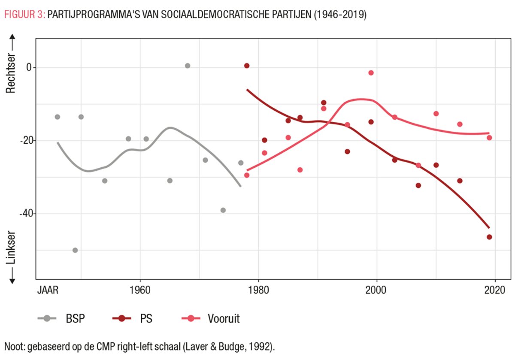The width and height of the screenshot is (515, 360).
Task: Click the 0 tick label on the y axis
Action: tap(29, 67)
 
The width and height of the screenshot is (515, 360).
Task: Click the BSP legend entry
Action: tap(75, 319)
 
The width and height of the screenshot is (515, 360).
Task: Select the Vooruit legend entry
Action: tap(223, 319)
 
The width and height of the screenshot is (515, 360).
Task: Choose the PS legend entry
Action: tap(146, 319)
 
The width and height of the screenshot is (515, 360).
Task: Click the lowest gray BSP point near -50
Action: tap(75, 250)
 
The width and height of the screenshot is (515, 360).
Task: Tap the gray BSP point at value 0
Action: tap(188, 66)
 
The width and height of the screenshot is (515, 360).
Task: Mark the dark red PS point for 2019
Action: tap(489, 237)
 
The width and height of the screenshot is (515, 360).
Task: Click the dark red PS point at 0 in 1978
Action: tap(247, 66)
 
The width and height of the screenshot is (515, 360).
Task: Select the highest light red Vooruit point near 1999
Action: tap(371, 73)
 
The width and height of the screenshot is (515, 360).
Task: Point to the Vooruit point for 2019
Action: tap(489, 138)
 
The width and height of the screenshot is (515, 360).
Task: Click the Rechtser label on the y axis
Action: tap(12, 73)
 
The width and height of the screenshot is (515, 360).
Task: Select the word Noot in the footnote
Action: tap(14, 347)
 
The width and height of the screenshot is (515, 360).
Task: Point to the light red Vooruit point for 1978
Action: tap(247, 175)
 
